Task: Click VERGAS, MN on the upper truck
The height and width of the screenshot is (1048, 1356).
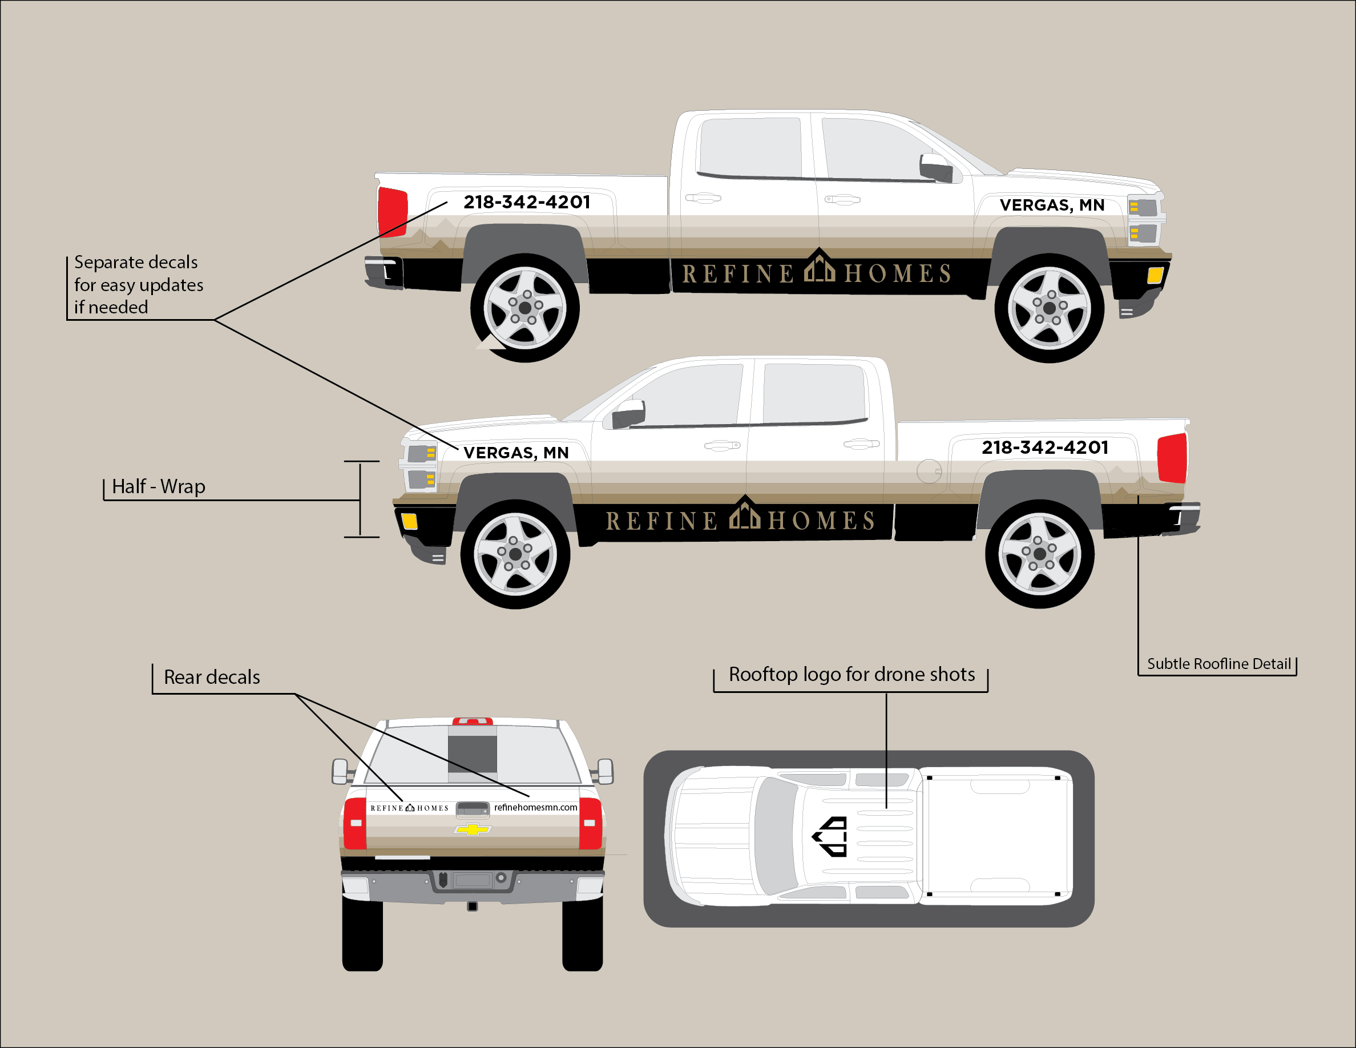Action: click(1052, 205)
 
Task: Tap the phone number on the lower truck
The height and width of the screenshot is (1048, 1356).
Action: click(1045, 448)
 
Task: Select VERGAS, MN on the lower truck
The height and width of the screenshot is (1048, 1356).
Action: click(516, 453)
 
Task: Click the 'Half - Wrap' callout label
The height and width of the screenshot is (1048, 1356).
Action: click(158, 487)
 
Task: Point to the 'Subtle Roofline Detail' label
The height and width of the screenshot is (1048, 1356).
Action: click(1219, 664)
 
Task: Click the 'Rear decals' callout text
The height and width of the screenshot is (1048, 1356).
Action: click(212, 677)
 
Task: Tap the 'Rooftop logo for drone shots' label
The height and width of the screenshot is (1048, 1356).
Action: click(851, 674)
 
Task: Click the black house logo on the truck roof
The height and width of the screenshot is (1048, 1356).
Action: click(831, 836)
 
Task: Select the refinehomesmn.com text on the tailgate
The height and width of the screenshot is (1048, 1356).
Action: click(535, 807)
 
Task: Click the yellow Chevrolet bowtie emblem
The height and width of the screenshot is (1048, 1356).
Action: click(473, 829)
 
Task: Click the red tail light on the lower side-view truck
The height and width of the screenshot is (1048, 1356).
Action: click(1172, 458)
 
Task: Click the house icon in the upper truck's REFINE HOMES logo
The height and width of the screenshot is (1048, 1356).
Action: click(820, 267)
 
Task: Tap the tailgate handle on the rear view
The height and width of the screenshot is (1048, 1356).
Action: click(473, 809)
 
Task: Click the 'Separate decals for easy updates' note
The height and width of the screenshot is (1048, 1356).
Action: click(139, 285)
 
